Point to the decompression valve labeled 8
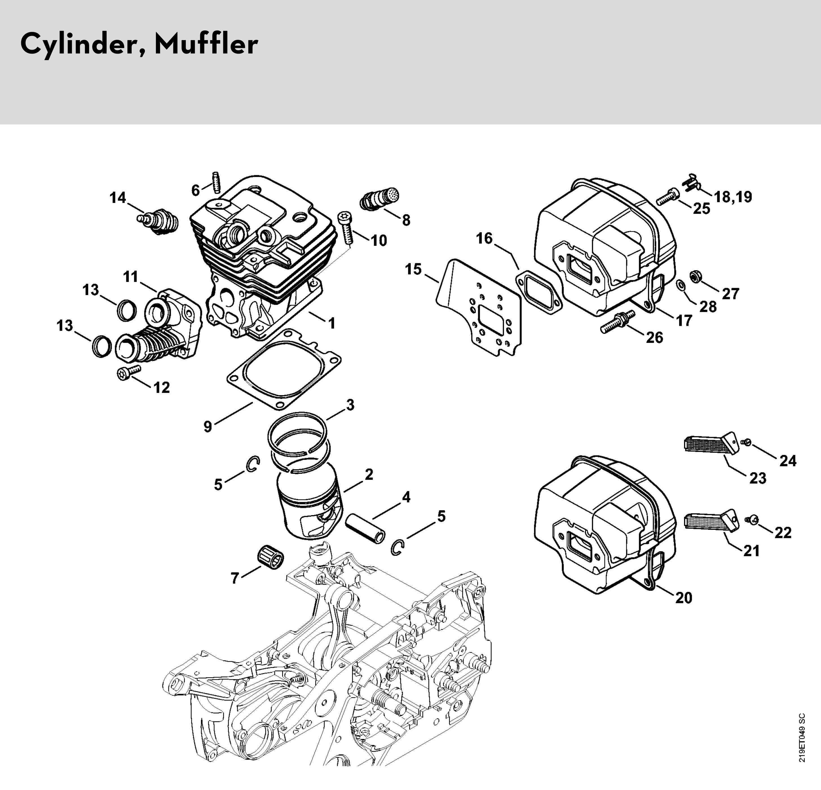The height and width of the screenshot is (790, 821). (379, 199)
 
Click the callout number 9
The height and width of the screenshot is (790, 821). (208, 427)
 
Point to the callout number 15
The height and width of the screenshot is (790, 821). (413, 269)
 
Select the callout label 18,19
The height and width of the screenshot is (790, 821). (733, 197)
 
